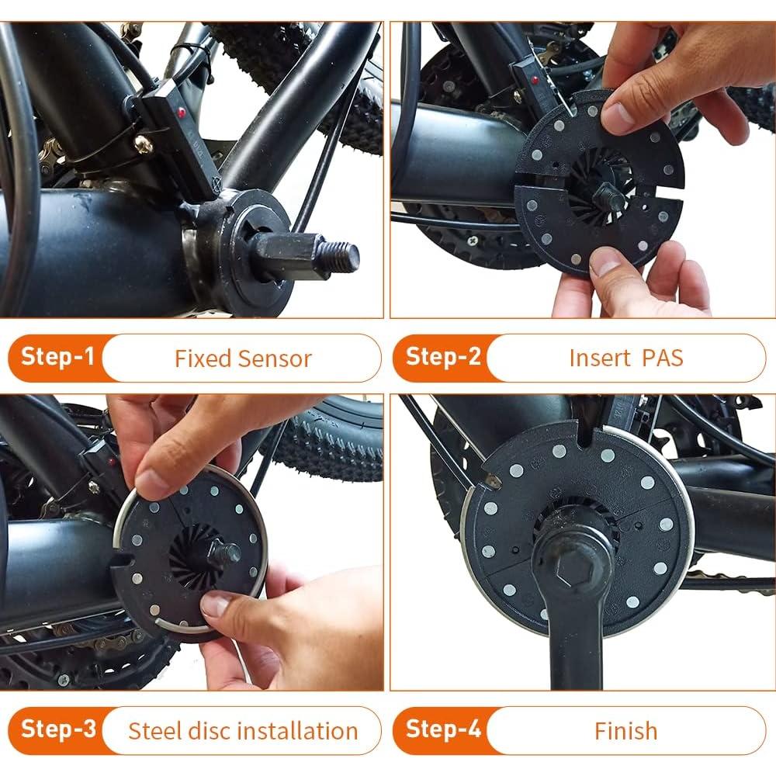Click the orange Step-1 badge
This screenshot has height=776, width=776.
coord(56,358)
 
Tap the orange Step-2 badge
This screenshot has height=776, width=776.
coord(441,358)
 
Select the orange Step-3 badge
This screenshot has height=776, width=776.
coord(56,730)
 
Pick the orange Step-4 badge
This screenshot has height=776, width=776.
coord(441,730)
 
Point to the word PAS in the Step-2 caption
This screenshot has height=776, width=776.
coord(663,359)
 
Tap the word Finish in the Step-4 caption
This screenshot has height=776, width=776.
coord(625,731)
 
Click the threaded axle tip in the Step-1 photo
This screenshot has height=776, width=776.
coord(341,256)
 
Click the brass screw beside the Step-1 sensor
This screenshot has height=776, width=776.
coord(143,143)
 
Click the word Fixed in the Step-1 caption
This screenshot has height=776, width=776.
coord(203,359)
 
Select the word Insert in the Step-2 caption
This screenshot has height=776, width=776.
coord(598,359)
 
